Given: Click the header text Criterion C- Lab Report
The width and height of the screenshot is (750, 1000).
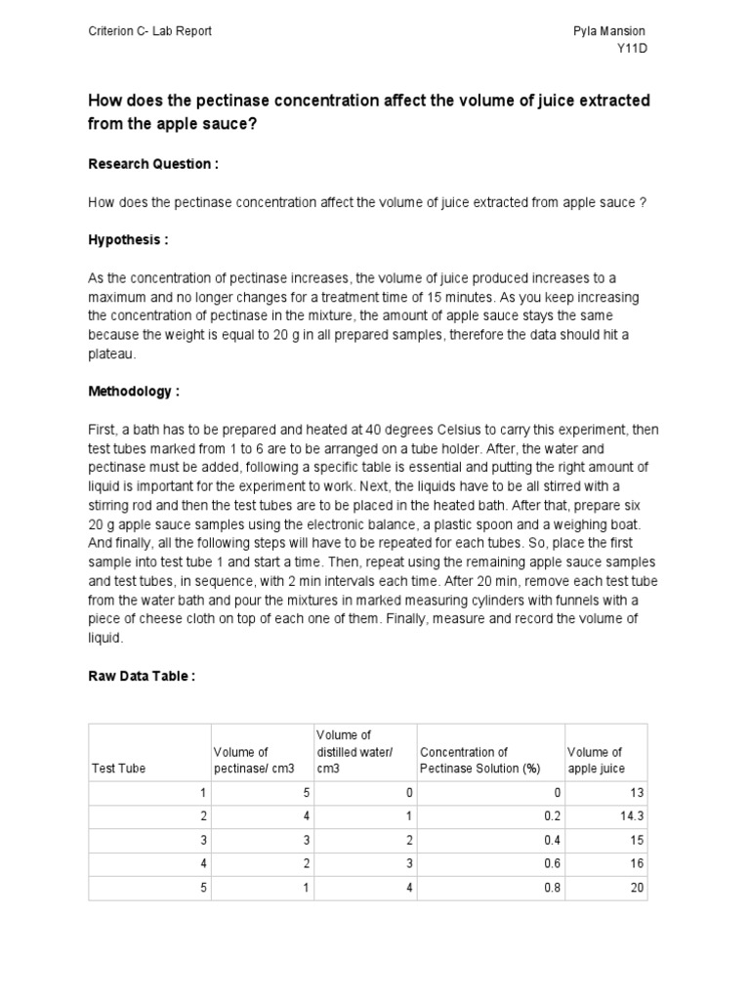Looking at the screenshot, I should coord(149,31).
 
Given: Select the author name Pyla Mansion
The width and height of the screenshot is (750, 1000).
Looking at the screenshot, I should coord(609,31).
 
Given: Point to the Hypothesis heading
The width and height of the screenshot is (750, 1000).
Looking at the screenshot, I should coord(128,239).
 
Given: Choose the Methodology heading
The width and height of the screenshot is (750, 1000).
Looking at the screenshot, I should coord(134,392).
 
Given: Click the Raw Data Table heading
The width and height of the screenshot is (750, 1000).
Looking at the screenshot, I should coord(142,677).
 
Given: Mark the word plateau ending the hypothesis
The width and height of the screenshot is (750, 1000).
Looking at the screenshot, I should coord(109,354).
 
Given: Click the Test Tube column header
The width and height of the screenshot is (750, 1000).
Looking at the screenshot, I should coord(118,769).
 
